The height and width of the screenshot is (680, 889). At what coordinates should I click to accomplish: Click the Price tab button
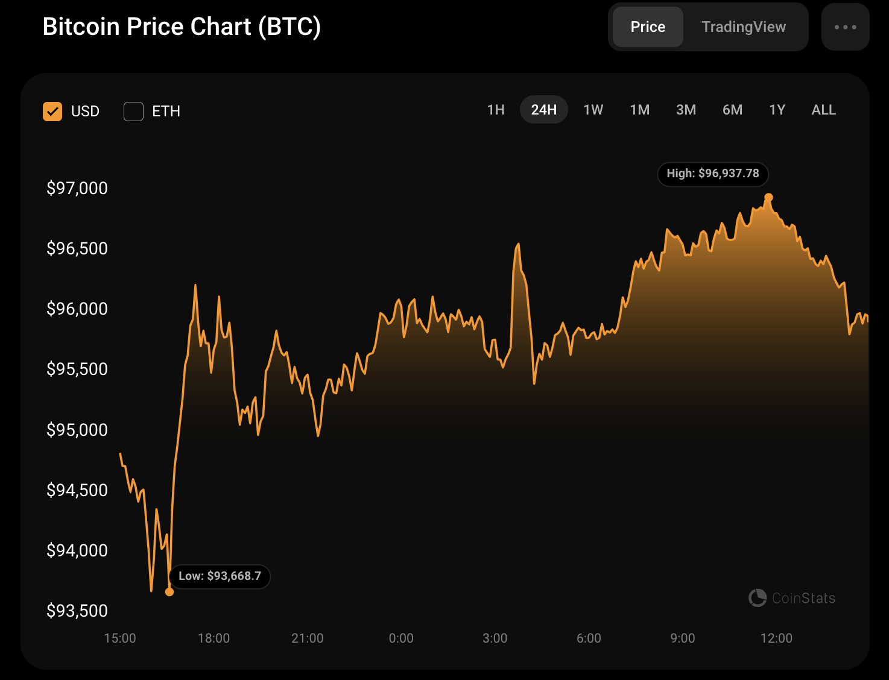pyautogui.click(x=648, y=27)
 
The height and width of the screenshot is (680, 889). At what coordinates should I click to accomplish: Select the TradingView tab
pyautogui.click(x=744, y=27)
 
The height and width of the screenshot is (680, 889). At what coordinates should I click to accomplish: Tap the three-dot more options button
pyautogui.click(x=845, y=27)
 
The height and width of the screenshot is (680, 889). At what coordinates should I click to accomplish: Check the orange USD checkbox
pyautogui.click(x=52, y=112)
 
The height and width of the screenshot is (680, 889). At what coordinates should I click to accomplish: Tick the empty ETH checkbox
pyautogui.click(x=133, y=112)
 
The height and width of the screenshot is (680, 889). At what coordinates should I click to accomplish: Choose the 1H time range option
pyautogui.click(x=496, y=110)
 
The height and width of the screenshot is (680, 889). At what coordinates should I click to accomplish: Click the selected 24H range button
pyautogui.click(x=543, y=110)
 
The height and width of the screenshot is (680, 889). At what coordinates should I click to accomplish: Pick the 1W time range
pyautogui.click(x=593, y=110)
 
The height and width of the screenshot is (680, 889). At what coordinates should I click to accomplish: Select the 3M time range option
pyautogui.click(x=686, y=110)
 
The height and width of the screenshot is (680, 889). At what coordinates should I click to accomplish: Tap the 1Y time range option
pyautogui.click(x=777, y=110)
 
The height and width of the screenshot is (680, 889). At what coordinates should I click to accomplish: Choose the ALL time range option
pyautogui.click(x=823, y=110)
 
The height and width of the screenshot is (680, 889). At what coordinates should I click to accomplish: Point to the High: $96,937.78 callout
pyautogui.click(x=712, y=174)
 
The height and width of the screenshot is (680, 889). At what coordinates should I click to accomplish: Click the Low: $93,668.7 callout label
pyautogui.click(x=220, y=576)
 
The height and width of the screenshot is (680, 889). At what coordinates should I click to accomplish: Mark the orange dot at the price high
pyautogui.click(x=768, y=198)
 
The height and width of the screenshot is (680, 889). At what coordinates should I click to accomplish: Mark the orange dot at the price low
pyautogui.click(x=169, y=592)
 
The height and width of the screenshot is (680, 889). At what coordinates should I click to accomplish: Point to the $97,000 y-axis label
pyautogui.click(x=77, y=188)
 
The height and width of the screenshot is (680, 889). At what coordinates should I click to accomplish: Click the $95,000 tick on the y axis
pyautogui.click(x=77, y=430)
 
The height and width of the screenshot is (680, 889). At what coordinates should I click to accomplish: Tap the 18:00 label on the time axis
pyautogui.click(x=214, y=638)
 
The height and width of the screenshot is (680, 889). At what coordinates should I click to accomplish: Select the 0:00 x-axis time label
pyautogui.click(x=401, y=638)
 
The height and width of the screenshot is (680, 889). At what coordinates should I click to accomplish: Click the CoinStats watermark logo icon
pyautogui.click(x=758, y=598)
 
